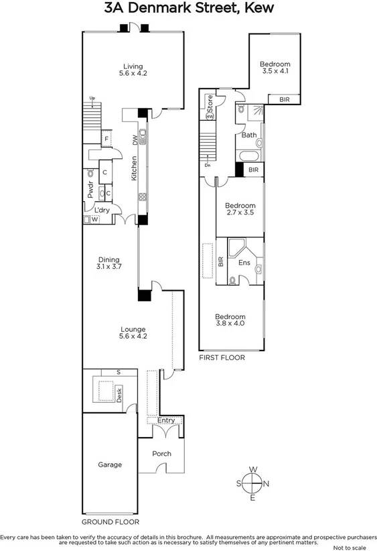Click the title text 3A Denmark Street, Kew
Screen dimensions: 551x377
coord(189,9)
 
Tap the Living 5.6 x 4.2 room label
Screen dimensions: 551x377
coord(132,70)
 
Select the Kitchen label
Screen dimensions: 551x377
coord(135,168)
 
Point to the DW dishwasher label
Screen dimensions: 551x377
coord(135,139)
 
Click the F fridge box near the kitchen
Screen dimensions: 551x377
coord(105,139)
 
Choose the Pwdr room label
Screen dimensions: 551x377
coord(90,190)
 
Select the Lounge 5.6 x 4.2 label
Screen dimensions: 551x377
coord(133,332)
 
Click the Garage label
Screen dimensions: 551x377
coord(110,465)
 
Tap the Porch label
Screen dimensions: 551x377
coord(161,454)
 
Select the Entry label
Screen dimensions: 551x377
coord(165,421)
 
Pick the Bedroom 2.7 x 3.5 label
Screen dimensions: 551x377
coord(240,209)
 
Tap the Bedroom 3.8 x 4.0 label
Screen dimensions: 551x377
coord(230,320)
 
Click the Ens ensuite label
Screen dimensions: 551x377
coord(244,263)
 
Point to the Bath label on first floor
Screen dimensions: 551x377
coord(248,135)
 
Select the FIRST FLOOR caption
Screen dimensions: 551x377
coord(222,358)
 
